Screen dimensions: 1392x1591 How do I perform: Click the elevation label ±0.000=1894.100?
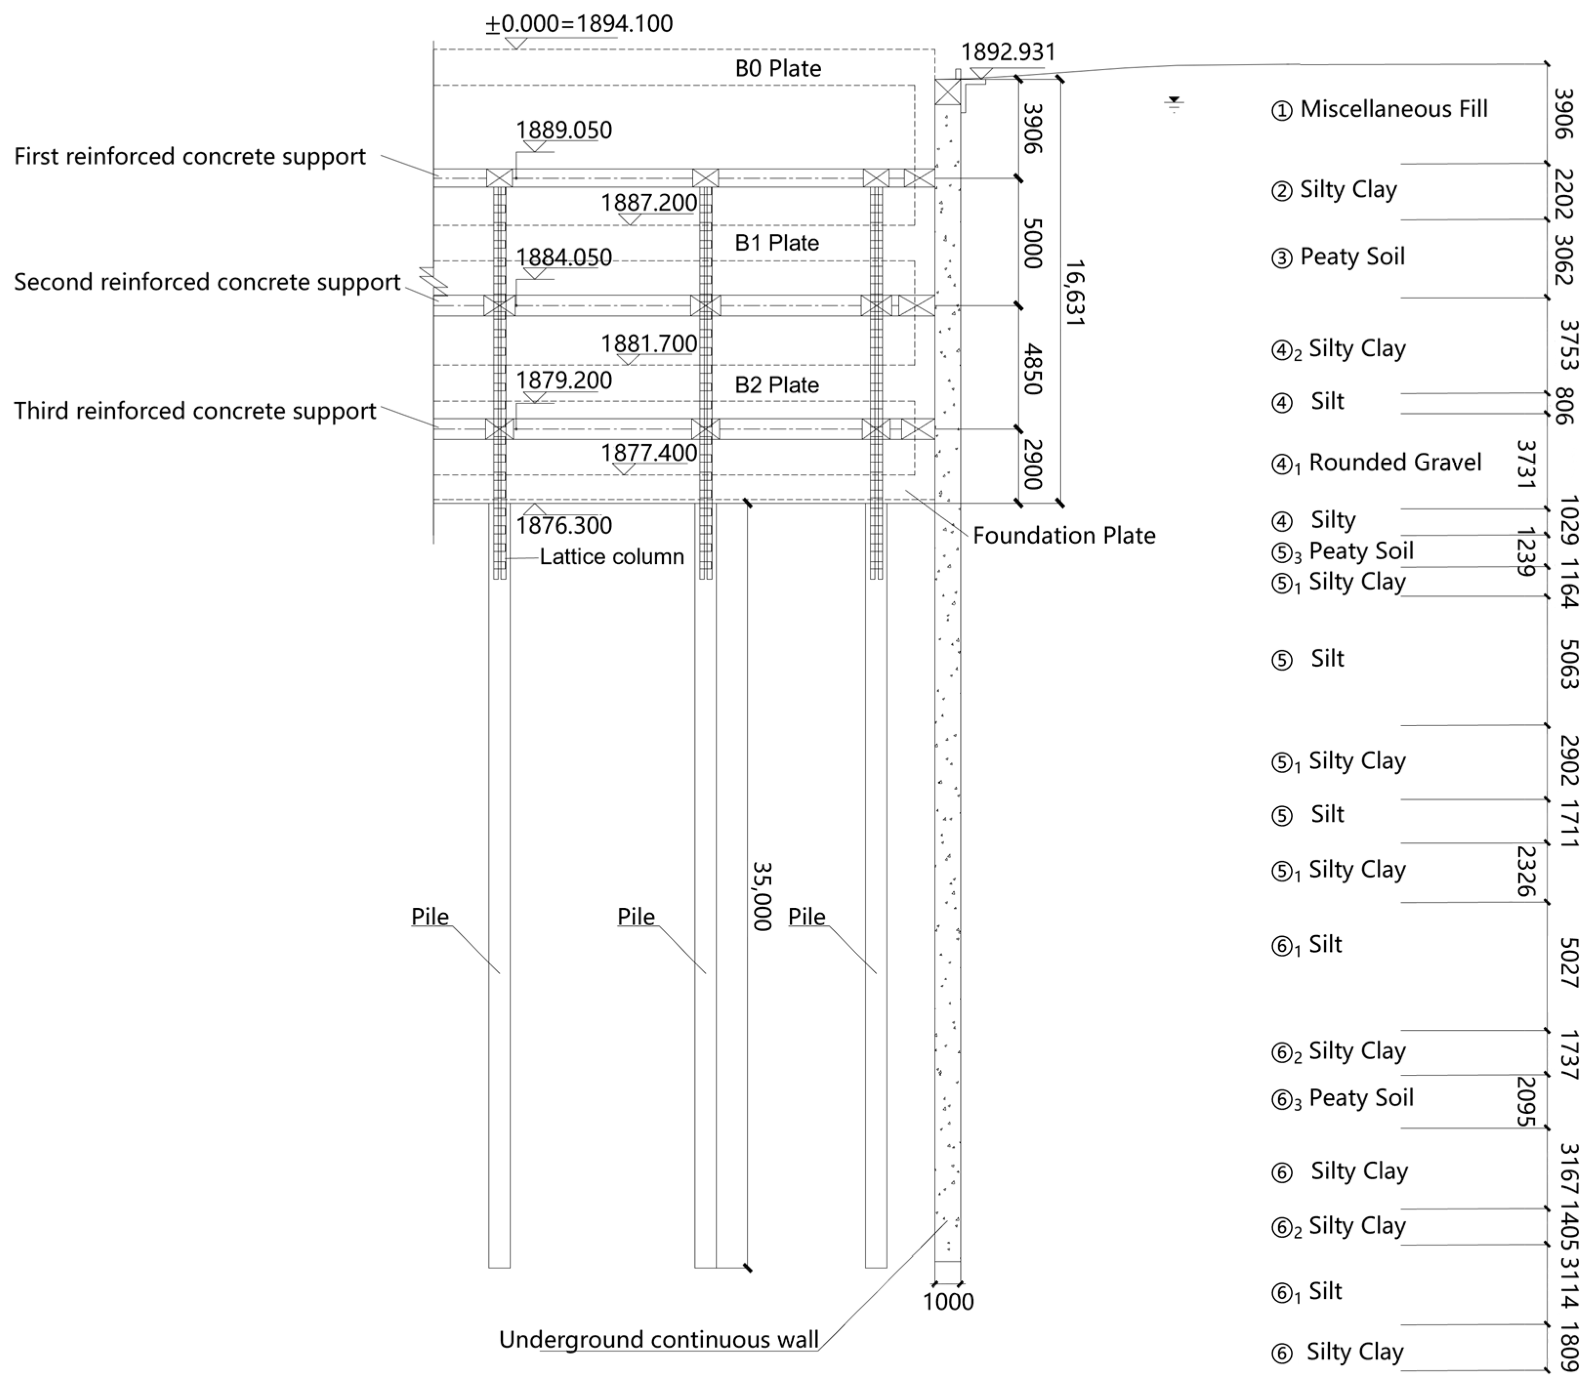[579, 23]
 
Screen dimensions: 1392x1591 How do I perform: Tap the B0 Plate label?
[778, 68]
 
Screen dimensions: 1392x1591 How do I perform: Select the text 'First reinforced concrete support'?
[189, 156]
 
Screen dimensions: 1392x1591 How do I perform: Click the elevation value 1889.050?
[564, 130]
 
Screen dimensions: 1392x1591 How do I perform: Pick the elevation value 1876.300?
[564, 525]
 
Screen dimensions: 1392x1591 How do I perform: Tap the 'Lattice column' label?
[611, 556]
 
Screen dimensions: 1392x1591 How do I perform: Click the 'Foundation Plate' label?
[1064, 535]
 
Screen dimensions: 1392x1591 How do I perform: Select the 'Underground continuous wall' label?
[659, 1339]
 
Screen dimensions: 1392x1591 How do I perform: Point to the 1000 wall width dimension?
[948, 1301]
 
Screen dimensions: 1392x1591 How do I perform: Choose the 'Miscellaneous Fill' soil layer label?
[1394, 109]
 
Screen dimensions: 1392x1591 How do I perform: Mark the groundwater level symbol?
[1174, 104]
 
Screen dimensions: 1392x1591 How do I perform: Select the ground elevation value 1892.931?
[1008, 52]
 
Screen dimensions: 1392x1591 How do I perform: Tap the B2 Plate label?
[777, 385]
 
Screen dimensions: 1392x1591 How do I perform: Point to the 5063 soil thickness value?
[1569, 664]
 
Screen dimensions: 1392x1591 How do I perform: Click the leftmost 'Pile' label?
[430, 917]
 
